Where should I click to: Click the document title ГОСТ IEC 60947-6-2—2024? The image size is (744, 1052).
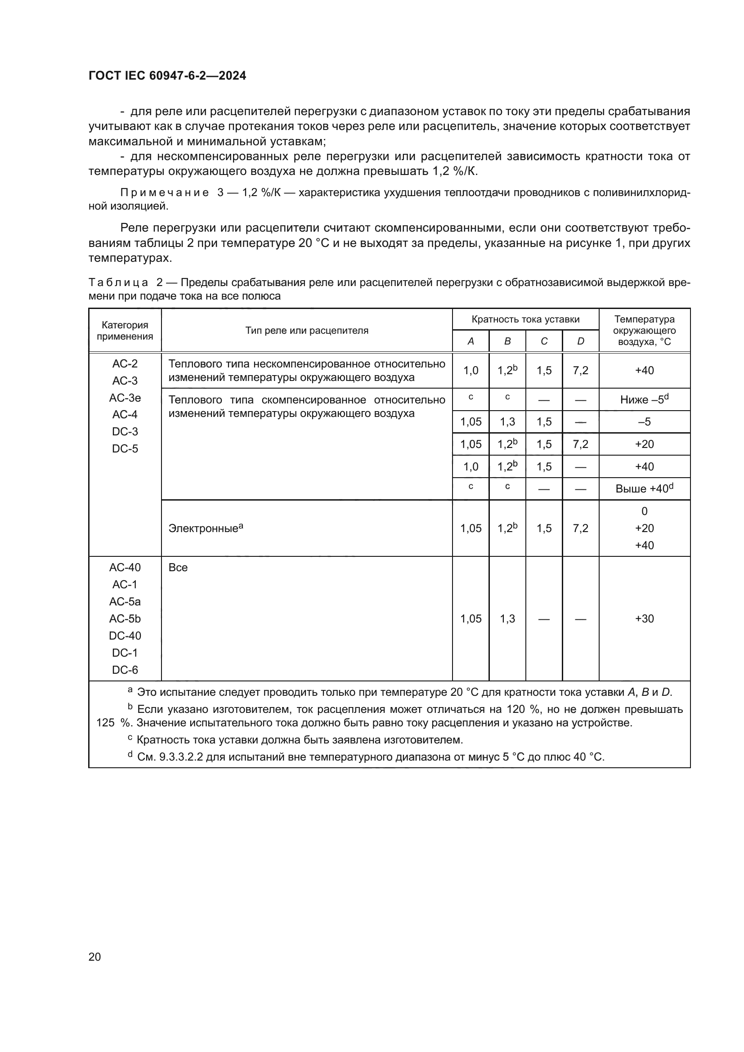[x=167, y=76]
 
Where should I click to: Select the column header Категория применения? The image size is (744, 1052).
[x=125, y=331]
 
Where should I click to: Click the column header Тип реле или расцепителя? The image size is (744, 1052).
[x=306, y=331]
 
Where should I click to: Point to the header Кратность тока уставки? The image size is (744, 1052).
[x=525, y=319]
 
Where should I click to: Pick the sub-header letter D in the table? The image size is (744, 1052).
[x=580, y=341]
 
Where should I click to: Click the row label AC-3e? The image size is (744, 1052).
[x=125, y=398]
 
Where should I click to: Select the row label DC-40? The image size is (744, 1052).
[x=125, y=636]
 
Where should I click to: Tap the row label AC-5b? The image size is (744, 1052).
[x=125, y=618]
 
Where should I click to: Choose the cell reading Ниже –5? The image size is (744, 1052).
[x=644, y=399]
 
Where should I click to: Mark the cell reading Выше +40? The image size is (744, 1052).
[x=644, y=489]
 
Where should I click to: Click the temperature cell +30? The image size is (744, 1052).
[x=644, y=618]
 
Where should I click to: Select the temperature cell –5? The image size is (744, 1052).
[x=644, y=421]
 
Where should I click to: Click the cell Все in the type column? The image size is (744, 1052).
[x=178, y=567]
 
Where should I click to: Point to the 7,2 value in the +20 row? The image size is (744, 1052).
[x=580, y=444]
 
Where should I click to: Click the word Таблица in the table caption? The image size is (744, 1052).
[x=118, y=283]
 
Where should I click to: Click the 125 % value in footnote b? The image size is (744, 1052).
[x=113, y=723]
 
